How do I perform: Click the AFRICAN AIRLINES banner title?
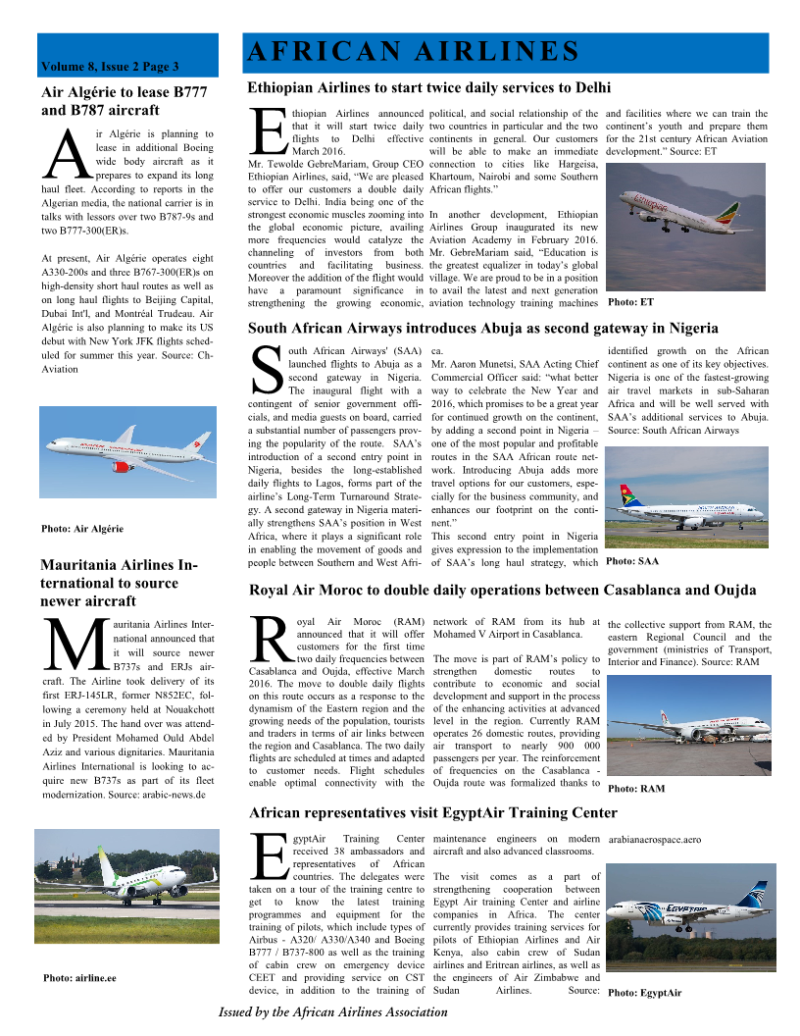click(413, 51)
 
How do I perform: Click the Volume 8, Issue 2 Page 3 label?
click(110, 67)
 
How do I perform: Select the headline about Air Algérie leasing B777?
click(125, 101)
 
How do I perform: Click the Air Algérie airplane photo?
click(127, 452)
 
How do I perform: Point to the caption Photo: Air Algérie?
click(82, 529)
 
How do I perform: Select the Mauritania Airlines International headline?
click(119, 583)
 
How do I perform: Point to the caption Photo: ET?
click(630, 301)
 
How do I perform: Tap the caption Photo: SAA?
click(632, 561)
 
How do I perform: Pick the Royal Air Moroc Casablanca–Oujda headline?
click(503, 590)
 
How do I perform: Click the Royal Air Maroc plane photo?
click(687, 728)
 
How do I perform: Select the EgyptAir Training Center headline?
click(433, 812)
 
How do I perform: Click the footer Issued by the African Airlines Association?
click(332, 1011)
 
